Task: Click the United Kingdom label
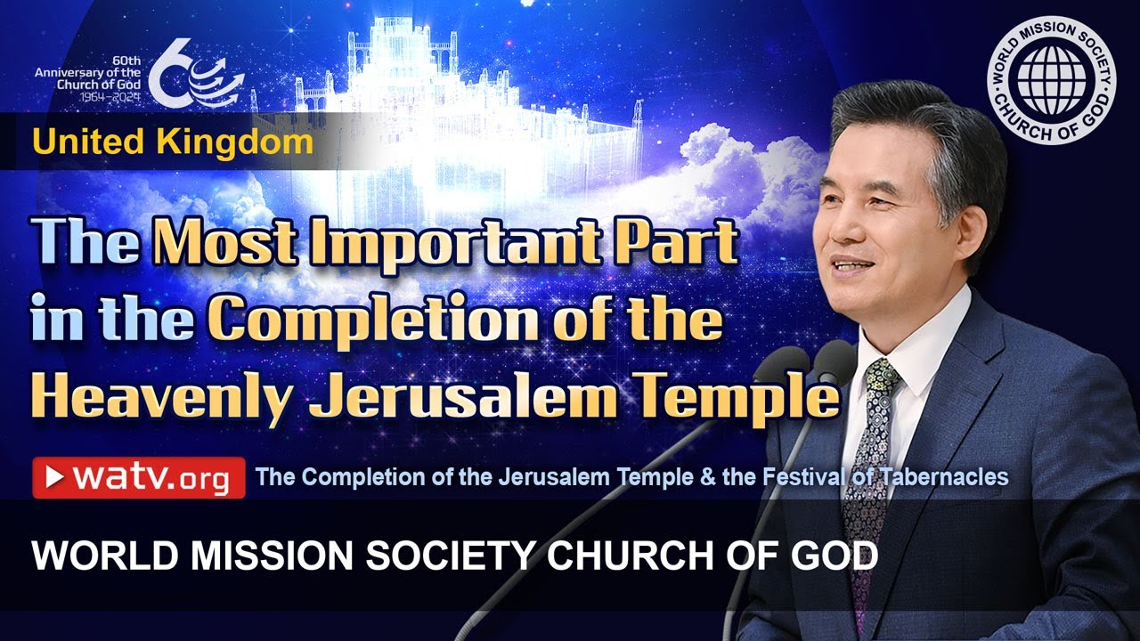pyautogui.click(x=174, y=142)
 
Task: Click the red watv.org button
pyautogui.click(x=139, y=478)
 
